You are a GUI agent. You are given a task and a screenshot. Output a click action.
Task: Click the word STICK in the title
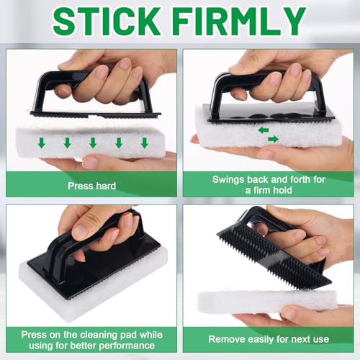click(x=107, y=22)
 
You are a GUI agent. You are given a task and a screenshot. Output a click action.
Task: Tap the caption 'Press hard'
click(x=91, y=186)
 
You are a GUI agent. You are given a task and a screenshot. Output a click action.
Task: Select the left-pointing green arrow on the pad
click(x=264, y=130)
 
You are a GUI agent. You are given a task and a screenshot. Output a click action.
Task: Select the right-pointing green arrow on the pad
click(x=273, y=139)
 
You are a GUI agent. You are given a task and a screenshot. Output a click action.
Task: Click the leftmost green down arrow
click(x=42, y=143)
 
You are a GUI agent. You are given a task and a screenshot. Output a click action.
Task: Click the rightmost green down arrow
click(x=144, y=143)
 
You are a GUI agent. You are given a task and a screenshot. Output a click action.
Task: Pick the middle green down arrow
click(x=93, y=143)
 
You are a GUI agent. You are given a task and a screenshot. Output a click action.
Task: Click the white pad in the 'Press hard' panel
click(x=91, y=143)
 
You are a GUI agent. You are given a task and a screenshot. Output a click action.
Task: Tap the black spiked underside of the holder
click(x=274, y=253)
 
